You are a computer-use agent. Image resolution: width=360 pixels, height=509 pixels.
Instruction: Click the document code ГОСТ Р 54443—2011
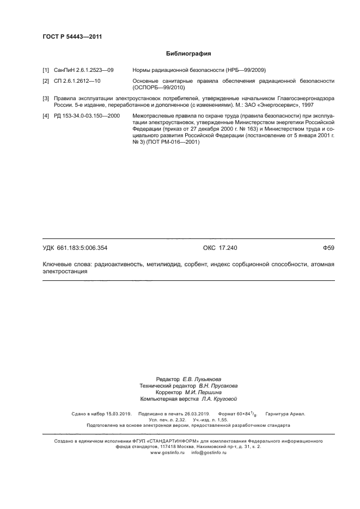[x=72, y=37]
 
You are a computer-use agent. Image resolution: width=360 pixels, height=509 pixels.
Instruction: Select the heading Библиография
[x=188, y=54]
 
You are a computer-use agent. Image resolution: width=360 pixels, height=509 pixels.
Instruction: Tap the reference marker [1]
[x=46, y=70]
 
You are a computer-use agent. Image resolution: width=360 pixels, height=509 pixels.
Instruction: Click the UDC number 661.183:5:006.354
[x=86, y=248]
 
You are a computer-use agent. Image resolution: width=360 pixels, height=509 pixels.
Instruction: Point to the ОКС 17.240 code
[x=220, y=248]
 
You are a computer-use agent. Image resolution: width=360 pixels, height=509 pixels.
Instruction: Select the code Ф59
[x=328, y=248]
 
